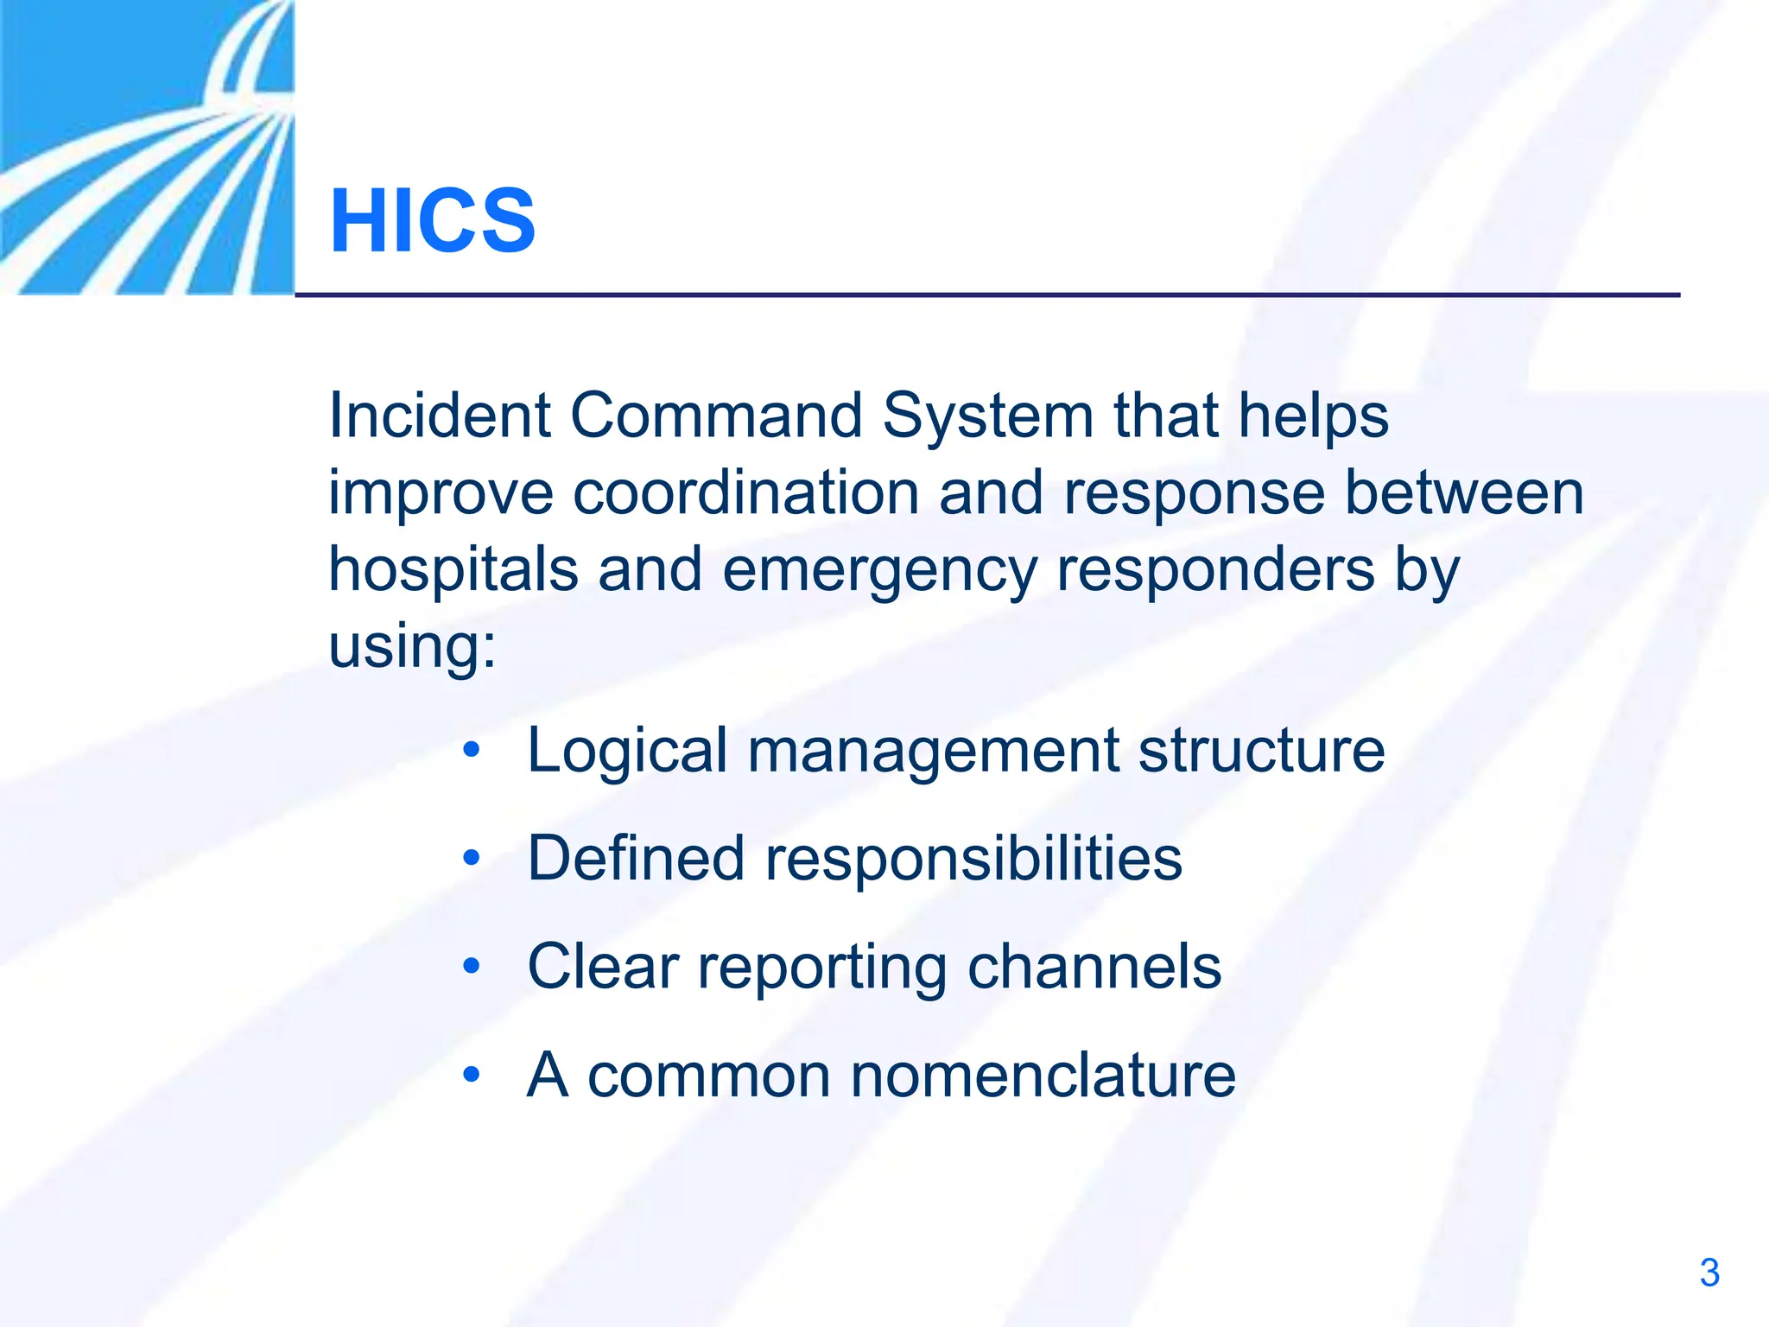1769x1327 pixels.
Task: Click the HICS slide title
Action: pos(433,221)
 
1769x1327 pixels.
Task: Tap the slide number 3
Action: pos(1709,1273)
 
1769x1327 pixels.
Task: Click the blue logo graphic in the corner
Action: pos(147,147)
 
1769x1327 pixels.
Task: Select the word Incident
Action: pos(439,416)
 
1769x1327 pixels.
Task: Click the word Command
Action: pos(716,416)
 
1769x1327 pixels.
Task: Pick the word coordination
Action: pos(745,493)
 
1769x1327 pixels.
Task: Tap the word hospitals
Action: pos(453,571)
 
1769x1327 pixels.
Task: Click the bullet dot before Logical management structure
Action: pos(471,750)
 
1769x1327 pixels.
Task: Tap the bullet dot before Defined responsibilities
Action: pos(471,859)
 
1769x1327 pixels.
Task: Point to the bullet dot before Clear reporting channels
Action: pos(471,966)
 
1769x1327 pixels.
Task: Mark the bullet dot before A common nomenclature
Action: pos(471,1075)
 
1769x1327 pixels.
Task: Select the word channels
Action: pos(1094,967)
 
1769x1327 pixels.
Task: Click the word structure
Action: pos(1261,750)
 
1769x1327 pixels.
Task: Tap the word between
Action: pos(1464,493)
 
